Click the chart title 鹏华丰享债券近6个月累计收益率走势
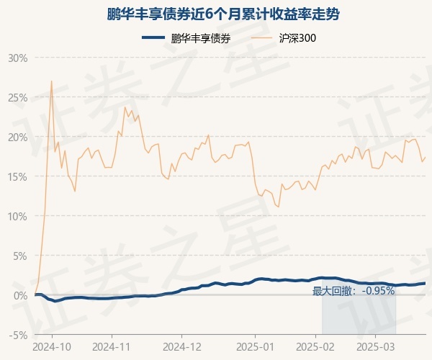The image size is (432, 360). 223,14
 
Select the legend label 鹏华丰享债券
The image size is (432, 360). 201,38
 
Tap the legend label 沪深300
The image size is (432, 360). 297,38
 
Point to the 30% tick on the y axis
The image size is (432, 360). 18,58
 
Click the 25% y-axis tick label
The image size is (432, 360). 18,98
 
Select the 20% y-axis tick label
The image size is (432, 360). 18,138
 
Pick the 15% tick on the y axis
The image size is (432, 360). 18,177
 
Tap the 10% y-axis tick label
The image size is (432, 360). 18,217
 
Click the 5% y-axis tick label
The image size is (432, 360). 20,256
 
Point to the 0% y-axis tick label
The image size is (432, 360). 20,296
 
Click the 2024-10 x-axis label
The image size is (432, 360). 52,347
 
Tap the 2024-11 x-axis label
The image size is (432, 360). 112,347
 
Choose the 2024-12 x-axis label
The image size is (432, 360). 182,347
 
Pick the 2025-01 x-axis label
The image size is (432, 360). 255,347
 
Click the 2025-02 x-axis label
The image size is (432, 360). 315,347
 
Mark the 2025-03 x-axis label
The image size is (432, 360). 376,347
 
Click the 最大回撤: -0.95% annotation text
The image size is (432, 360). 354,291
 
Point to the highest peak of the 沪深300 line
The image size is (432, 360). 52,81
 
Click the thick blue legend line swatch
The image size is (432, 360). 153,37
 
